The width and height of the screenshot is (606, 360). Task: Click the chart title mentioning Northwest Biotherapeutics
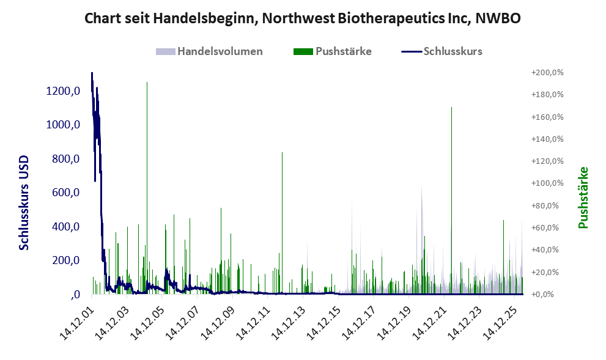point(303,18)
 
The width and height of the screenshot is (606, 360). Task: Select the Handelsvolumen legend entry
point(209,51)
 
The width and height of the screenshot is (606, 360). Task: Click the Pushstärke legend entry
point(333,51)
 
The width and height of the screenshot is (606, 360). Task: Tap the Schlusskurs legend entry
point(442,51)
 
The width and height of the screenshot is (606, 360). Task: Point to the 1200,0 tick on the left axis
point(63,91)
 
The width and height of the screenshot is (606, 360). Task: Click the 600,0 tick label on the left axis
point(65,193)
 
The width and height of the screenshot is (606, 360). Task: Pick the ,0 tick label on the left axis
point(75,295)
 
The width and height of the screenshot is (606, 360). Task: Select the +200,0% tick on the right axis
point(547,73)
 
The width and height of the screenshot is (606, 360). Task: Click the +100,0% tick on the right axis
point(547,183)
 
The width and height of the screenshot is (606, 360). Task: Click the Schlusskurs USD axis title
point(24,203)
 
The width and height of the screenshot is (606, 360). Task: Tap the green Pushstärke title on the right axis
point(583,197)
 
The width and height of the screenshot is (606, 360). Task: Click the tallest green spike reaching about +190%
point(147,188)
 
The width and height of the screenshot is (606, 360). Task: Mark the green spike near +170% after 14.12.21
point(451,200)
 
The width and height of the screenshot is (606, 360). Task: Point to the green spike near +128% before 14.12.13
point(282,223)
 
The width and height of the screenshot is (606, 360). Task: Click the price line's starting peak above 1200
point(92,73)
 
